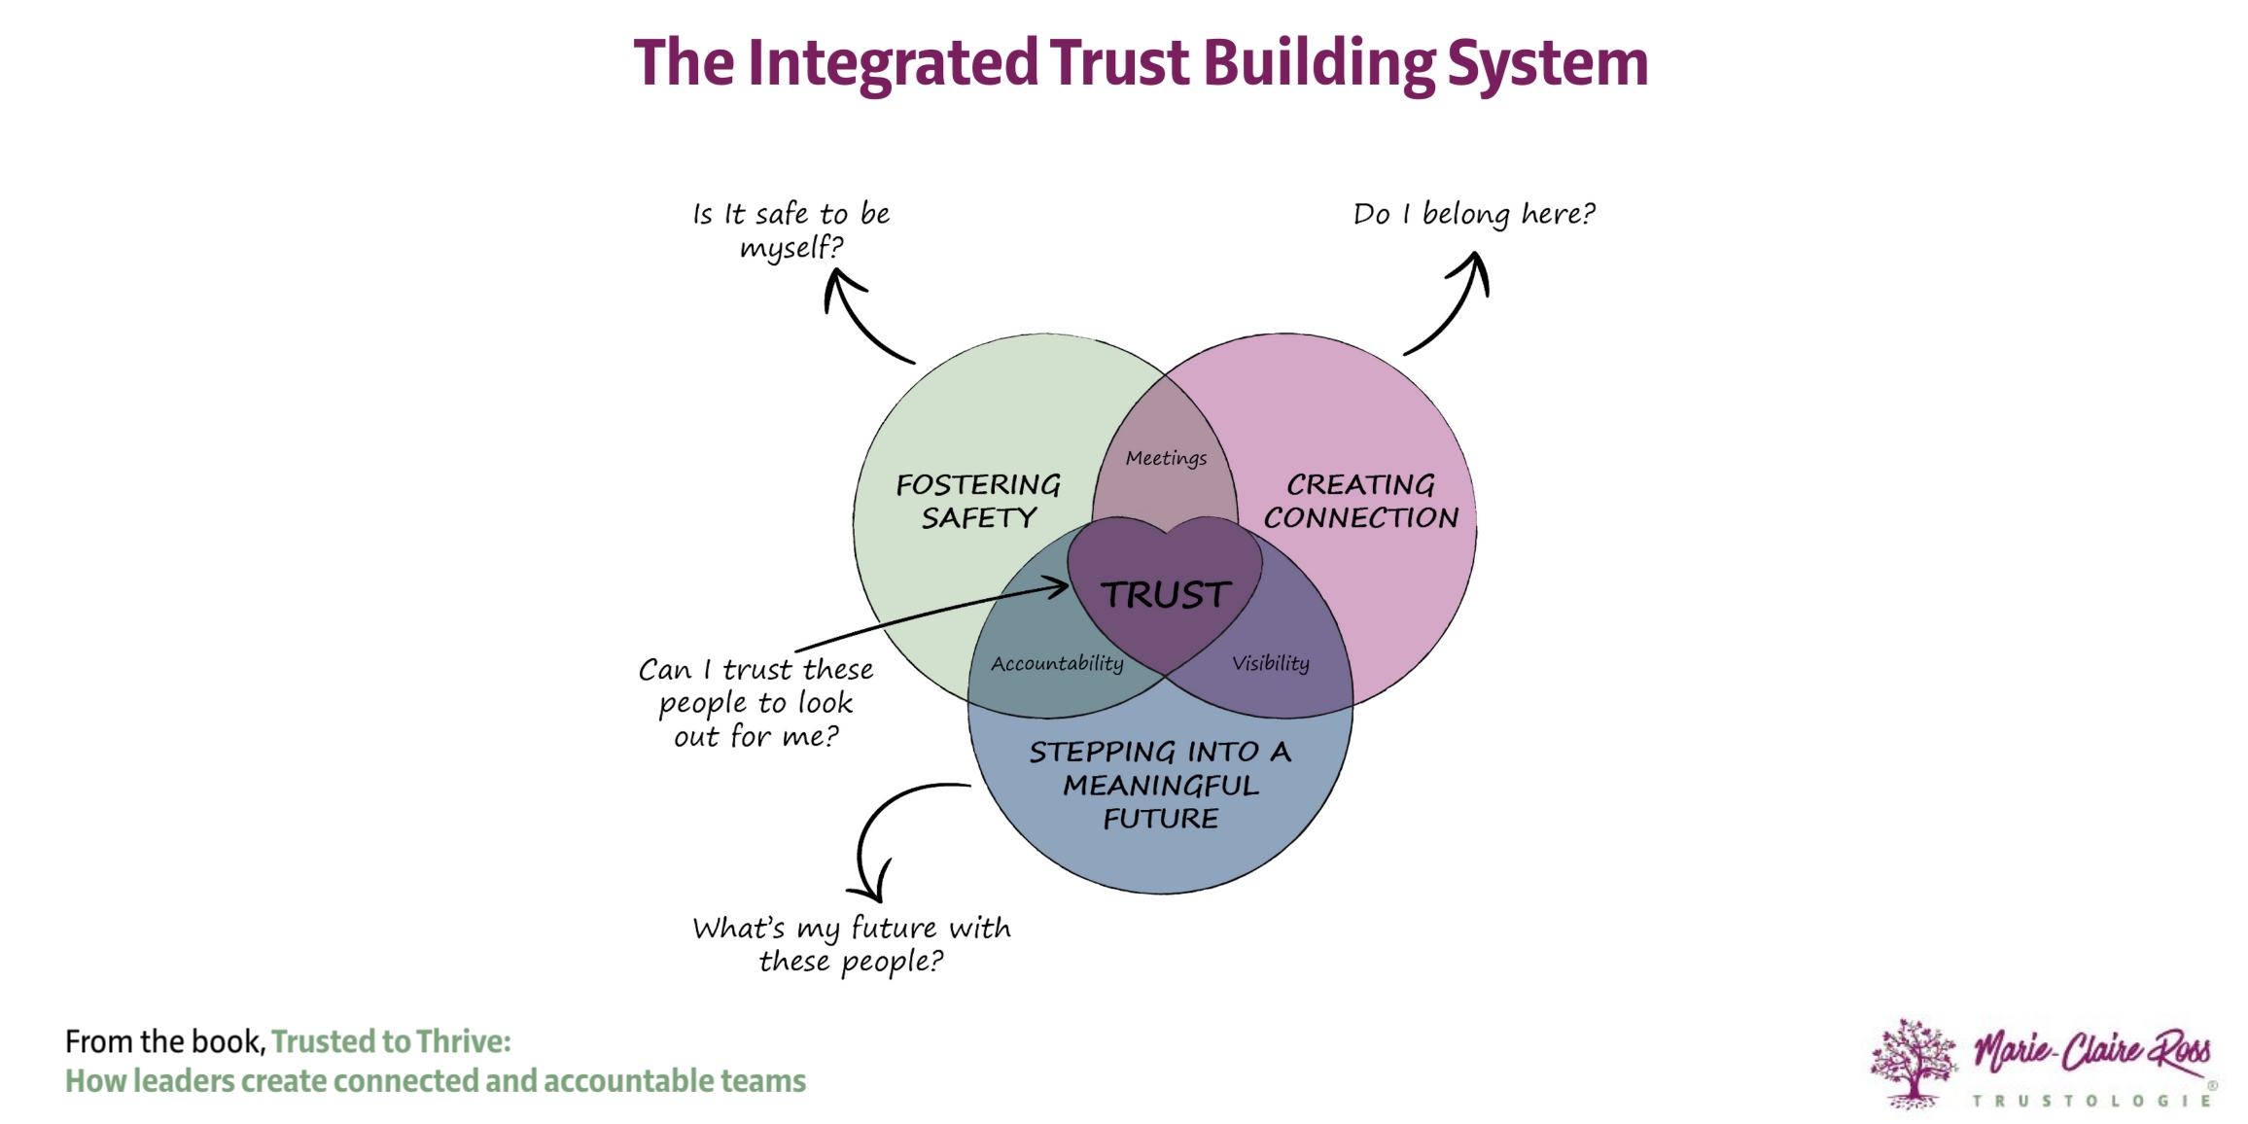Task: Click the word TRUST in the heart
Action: click(x=1165, y=594)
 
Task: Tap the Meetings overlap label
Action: click(x=1166, y=458)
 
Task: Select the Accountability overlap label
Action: click(x=1057, y=663)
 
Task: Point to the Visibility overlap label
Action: click(x=1270, y=663)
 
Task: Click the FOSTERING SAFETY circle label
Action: click(x=978, y=501)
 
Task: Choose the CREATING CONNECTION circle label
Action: click(x=1360, y=501)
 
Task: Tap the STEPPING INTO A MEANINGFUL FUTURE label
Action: click(x=1160, y=784)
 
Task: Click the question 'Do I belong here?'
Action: click(x=1473, y=214)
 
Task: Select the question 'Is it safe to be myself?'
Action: click(x=790, y=229)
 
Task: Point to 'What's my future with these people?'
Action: click(x=851, y=943)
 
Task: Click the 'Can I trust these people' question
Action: click(x=755, y=702)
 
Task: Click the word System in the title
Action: click(x=1547, y=64)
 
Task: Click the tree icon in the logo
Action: click(x=1913, y=1063)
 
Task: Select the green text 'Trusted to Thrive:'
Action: click(x=391, y=1041)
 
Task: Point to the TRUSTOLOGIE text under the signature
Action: click(x=2091, y=1101)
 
